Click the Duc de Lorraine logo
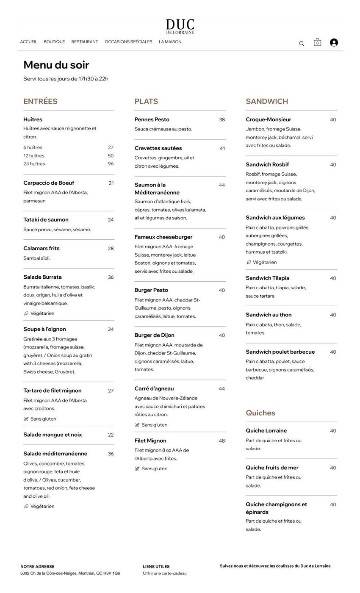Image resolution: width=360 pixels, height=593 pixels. pos(180,26)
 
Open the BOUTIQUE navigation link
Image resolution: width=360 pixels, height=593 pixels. pos(54,42)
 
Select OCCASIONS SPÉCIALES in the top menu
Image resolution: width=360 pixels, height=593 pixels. pos(128,42)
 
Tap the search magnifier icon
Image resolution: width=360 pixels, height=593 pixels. pos(302,43)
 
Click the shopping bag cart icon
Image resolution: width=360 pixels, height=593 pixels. pos(317,42)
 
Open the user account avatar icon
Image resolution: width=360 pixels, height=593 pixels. pos(334,42)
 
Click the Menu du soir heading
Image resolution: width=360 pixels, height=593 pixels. pos(56,65)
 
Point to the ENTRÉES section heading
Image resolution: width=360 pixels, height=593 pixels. pos(40,101)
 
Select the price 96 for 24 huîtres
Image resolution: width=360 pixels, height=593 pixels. pos(111,164)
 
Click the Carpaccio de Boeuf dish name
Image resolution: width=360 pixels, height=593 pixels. pos(49,183)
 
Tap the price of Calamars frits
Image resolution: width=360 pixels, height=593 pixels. pos(111,249)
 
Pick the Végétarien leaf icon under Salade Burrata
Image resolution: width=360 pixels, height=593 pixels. pos(26,313)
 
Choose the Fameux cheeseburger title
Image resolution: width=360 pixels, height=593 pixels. pos(163,237)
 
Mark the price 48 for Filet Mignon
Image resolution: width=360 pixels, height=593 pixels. pos(222,441)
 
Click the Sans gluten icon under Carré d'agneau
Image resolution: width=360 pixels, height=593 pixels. pos(137,425)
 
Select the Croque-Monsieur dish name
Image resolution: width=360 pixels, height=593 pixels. pos(269,119)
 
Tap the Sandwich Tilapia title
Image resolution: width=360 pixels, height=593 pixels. pos(268,278)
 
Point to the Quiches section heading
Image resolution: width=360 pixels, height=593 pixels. pos(260,413)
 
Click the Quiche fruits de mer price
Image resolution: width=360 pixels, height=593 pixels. pos(333,468)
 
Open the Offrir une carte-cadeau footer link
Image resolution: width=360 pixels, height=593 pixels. pos(165,574)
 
